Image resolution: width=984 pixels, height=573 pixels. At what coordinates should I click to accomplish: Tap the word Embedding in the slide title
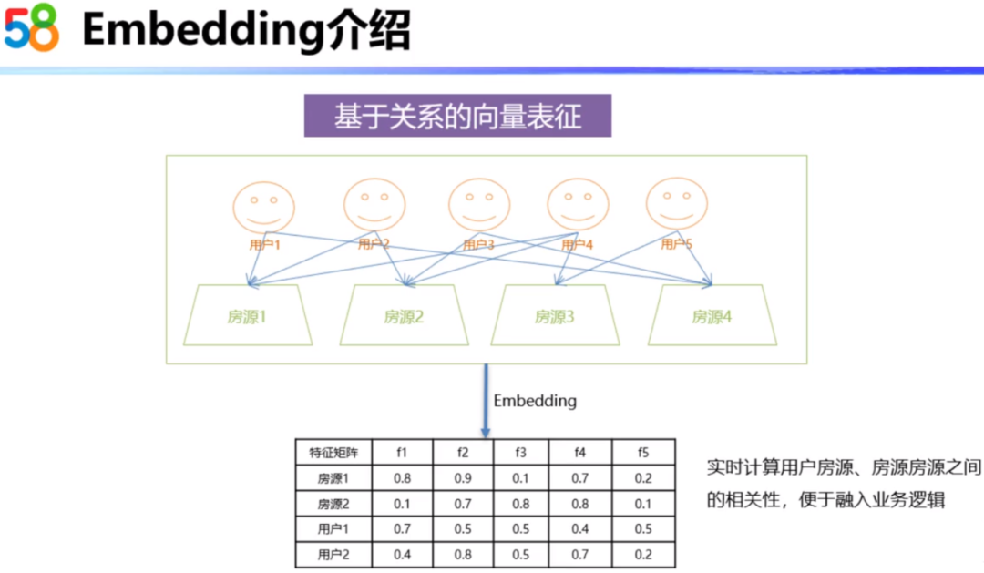(190, 31)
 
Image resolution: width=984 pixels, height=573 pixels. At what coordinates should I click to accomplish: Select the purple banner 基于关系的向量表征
(457, 118)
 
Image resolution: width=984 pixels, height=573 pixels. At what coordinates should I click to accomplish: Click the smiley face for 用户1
(264, 208)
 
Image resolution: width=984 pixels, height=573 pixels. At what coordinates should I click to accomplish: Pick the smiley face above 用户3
(479, 204)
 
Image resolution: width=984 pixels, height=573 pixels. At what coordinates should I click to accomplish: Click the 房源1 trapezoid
(248, 316)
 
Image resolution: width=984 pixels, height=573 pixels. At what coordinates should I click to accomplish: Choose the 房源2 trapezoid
(404, 316)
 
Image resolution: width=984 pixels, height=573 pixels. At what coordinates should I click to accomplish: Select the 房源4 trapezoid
(712, 316)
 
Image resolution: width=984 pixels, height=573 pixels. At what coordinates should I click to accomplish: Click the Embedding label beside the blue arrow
(535, 401)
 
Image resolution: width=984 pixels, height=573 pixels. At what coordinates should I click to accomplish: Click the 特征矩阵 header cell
(333, 452)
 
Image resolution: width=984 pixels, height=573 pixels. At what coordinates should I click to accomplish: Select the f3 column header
(520, 452)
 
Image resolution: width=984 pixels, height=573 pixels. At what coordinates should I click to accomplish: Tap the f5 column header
(644, 452)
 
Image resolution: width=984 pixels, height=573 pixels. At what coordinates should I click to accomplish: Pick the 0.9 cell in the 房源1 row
(462, 477)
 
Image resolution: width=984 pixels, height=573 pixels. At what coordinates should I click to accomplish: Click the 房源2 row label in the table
(333, 503)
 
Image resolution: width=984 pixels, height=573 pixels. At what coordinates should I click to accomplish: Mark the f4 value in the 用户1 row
(580, 528)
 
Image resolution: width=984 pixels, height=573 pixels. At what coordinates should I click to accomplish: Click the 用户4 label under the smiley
(578, 244)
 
